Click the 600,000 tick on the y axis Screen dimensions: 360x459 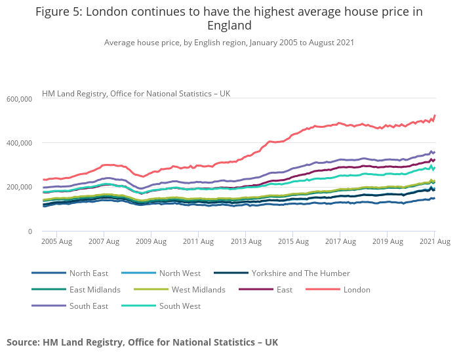20,99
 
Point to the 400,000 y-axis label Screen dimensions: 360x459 20,143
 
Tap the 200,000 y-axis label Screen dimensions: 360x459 20,187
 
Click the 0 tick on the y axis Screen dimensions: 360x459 30,231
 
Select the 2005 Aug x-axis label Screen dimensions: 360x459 57,242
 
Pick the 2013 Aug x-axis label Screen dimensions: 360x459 245,242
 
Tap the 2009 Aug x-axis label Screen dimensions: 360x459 151,242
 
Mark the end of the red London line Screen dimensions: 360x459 435,116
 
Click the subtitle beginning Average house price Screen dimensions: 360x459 229,43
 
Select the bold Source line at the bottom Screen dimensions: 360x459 142,342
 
